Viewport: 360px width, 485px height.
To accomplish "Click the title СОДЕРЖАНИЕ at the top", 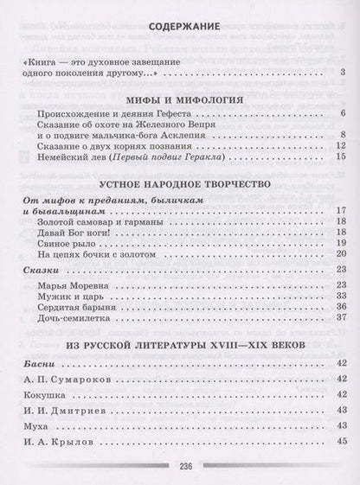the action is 180,27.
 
